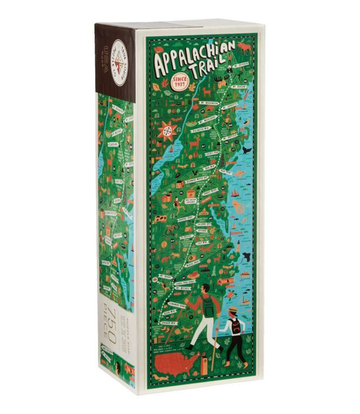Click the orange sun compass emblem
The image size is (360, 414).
point(168,132)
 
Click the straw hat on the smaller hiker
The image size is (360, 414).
point(232,309)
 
